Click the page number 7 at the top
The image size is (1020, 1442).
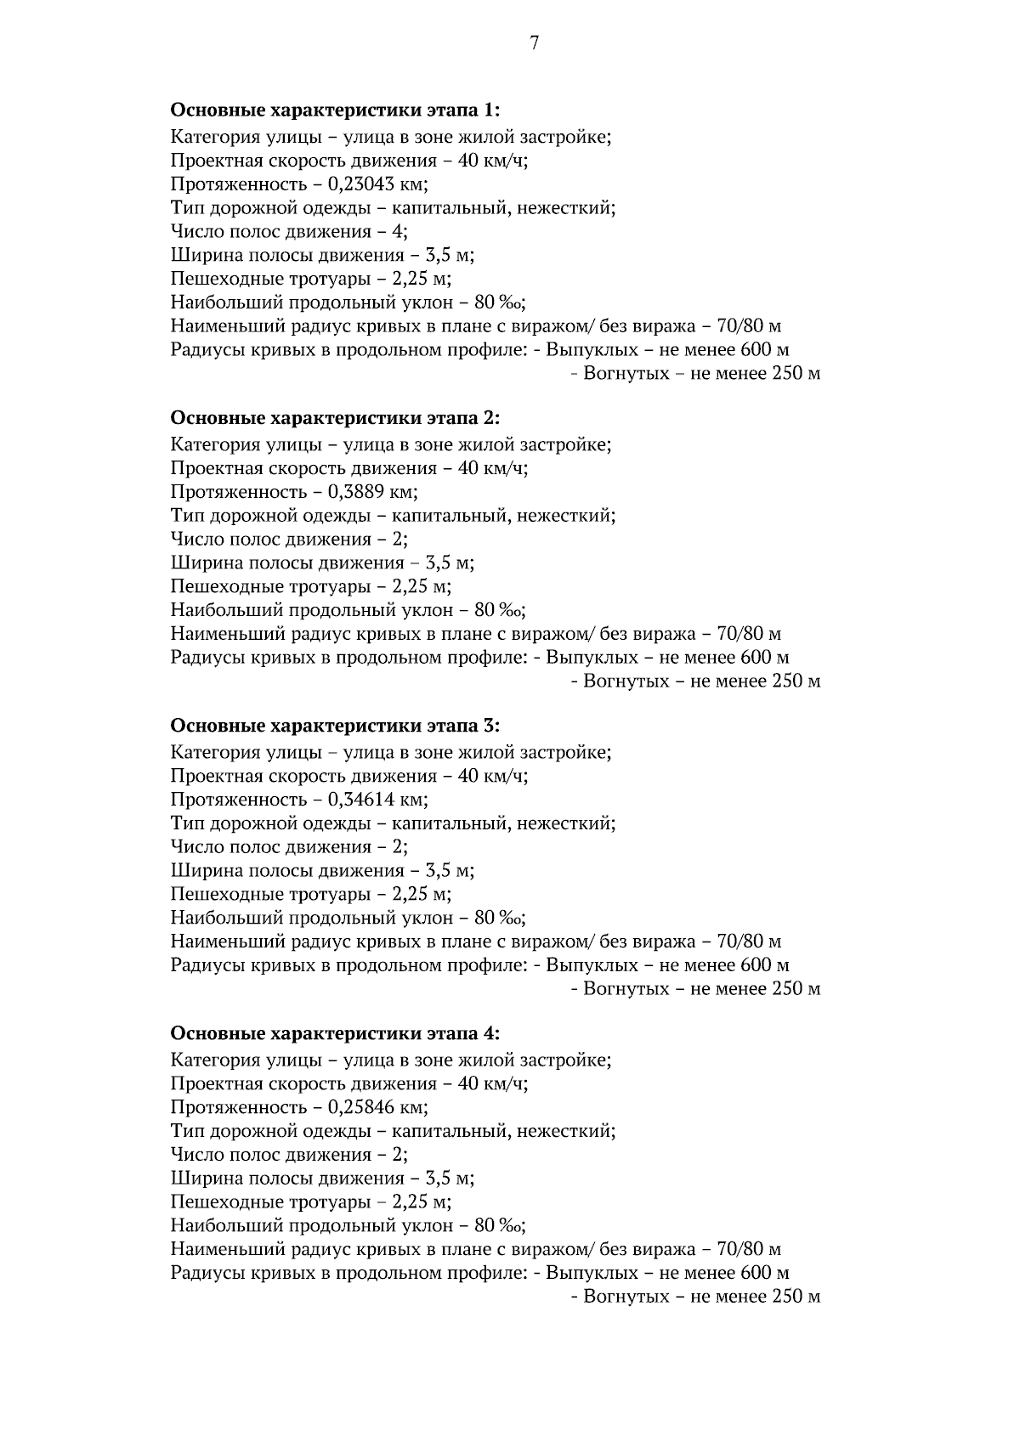[534, 44]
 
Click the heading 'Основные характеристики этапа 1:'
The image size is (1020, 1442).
[335, 110]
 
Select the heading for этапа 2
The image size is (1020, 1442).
[335, 418]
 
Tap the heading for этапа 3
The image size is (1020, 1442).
[335, 726]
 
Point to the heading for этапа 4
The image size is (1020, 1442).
[335, 1033]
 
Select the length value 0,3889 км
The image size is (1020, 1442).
[372, 492]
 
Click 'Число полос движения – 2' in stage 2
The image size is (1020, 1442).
[289, 540]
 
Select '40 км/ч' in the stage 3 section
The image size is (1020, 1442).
[492, 776]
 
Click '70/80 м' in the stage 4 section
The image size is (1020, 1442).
[750, 1249]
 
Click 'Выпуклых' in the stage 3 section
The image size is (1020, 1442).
[592, 965]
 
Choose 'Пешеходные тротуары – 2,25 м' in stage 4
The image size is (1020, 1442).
[310, 1202]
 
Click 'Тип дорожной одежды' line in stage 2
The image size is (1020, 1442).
[393, 516]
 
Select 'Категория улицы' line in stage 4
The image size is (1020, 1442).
[391, 1060]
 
